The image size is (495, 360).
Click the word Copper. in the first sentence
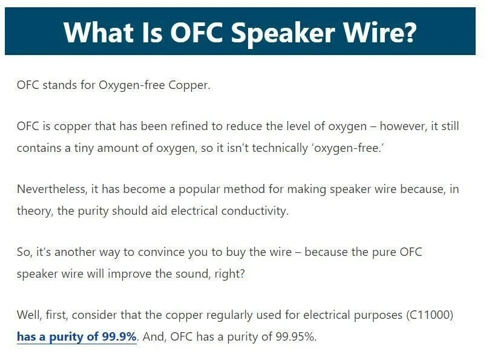pyautogui.click(x=189, y=85)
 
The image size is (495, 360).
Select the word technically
pyautogui.click(x=280, y=148)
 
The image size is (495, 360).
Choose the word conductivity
pyautogui.click(x=255, y=211)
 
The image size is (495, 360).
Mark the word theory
pyautogui.click(x=35, y=211)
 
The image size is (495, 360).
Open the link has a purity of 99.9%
pyautogui.click(x=77, y=336)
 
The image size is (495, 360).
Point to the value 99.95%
pyautogui.click(x=296, y=336)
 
